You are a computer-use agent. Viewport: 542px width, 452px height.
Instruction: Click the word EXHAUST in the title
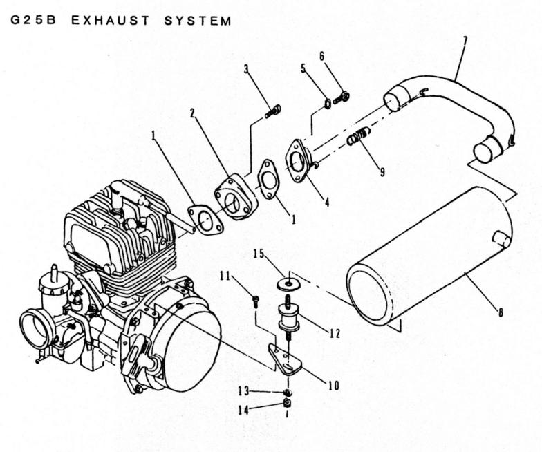coord(111,21)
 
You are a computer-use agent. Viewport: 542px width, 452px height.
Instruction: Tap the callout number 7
coord(465,43)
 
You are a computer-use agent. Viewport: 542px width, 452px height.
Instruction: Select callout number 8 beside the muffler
coord(501,312)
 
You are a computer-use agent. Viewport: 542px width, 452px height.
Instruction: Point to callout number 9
coord(382,171)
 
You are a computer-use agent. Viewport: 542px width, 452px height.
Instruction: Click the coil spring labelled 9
coord(358,135)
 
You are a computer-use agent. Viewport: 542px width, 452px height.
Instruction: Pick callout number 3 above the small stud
coord(246,69)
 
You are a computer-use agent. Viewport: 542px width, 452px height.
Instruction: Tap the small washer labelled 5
coord(327,103)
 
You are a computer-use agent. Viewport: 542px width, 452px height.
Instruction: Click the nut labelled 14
coord(286,402)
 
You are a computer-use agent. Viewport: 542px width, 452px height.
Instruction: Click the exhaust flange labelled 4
coord(297,160)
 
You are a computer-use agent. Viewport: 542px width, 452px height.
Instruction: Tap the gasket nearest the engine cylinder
coord(206,220)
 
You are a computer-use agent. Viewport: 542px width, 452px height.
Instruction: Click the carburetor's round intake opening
coord(33,328)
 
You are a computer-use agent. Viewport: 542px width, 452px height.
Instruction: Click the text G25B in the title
coord(33,21)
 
